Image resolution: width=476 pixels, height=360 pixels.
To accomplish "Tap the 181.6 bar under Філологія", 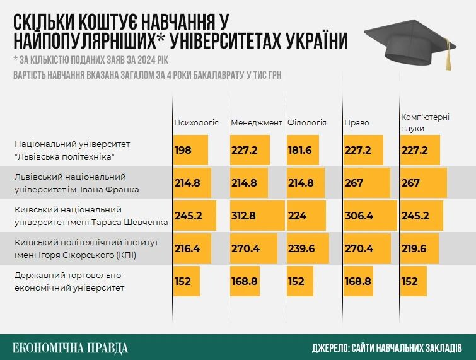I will click(x=305, y=150).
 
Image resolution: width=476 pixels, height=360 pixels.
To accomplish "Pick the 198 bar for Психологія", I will click(x=190, y=150).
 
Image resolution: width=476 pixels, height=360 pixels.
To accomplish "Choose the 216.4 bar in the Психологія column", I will click(x=192, y=248).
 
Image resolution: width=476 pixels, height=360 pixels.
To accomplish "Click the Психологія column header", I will click(x=196, y=122).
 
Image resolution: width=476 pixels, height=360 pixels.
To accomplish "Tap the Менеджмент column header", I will click(x=256, y=122).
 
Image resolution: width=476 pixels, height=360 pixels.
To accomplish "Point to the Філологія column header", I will click(x=306, y=122).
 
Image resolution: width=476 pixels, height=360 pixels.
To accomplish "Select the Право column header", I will click(x=357, y=122).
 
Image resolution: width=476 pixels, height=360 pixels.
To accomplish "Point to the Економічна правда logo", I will click(x=71, y=347).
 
